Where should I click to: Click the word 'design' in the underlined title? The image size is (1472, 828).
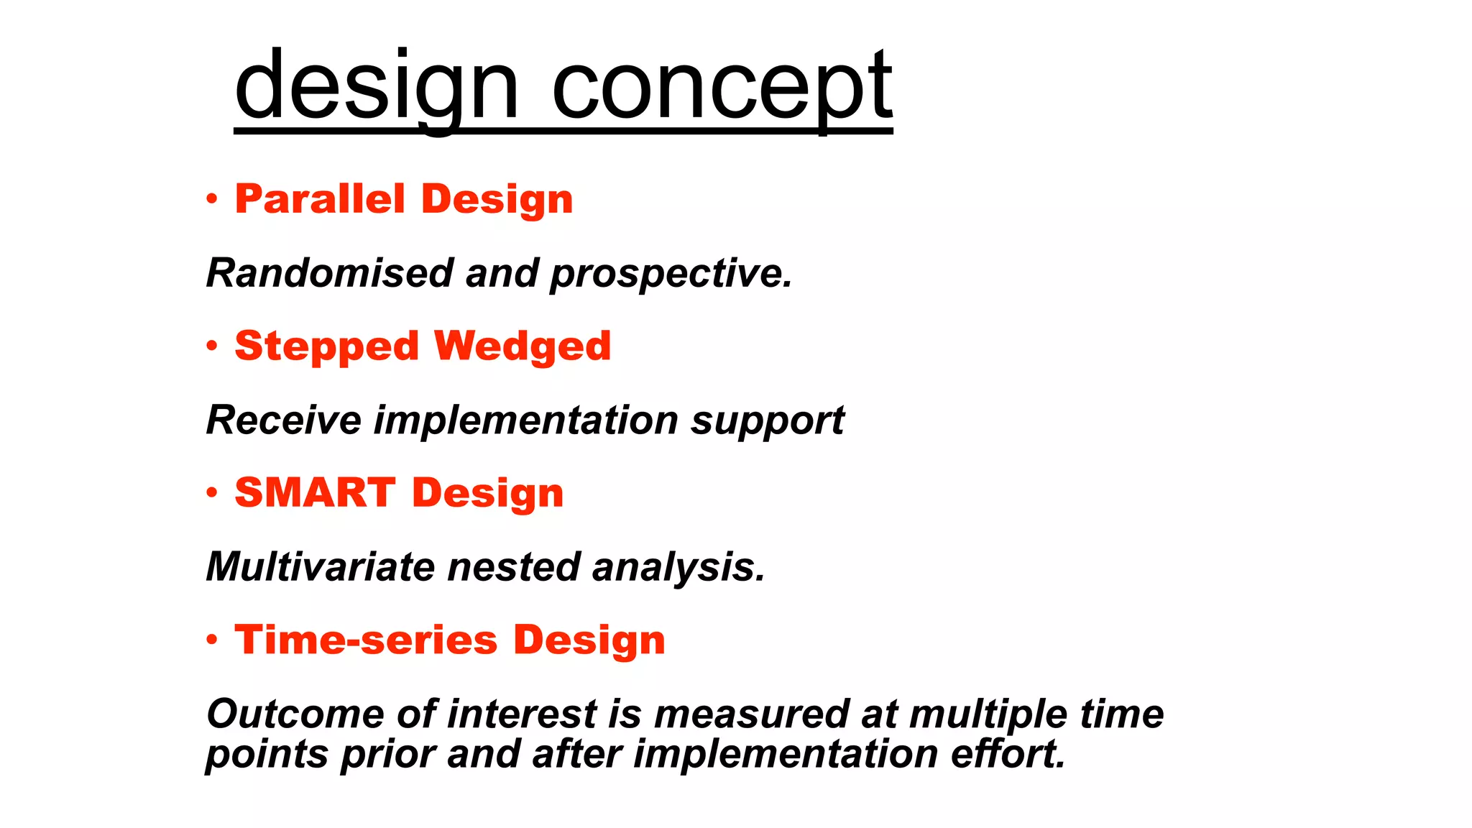click(376, 88)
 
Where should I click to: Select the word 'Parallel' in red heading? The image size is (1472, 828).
click(320, 199)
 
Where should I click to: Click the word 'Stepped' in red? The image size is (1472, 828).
click(326, 347)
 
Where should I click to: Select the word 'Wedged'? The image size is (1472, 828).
click(523, 347)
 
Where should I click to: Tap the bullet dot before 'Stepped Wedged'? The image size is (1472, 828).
click(211, 346)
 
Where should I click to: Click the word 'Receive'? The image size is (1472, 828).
click(283, 420)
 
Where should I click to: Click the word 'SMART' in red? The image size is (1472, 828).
click(315, 493)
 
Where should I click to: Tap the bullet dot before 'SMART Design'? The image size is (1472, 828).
click(211, 493)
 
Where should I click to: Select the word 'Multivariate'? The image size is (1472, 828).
click(320, 567)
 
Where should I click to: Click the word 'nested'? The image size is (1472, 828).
click(513, 567)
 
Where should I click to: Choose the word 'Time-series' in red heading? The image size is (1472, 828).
click(366, 640)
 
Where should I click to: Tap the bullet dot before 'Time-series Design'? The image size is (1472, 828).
click(211, 640)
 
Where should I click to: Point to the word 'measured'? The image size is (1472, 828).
click(752, 714)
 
